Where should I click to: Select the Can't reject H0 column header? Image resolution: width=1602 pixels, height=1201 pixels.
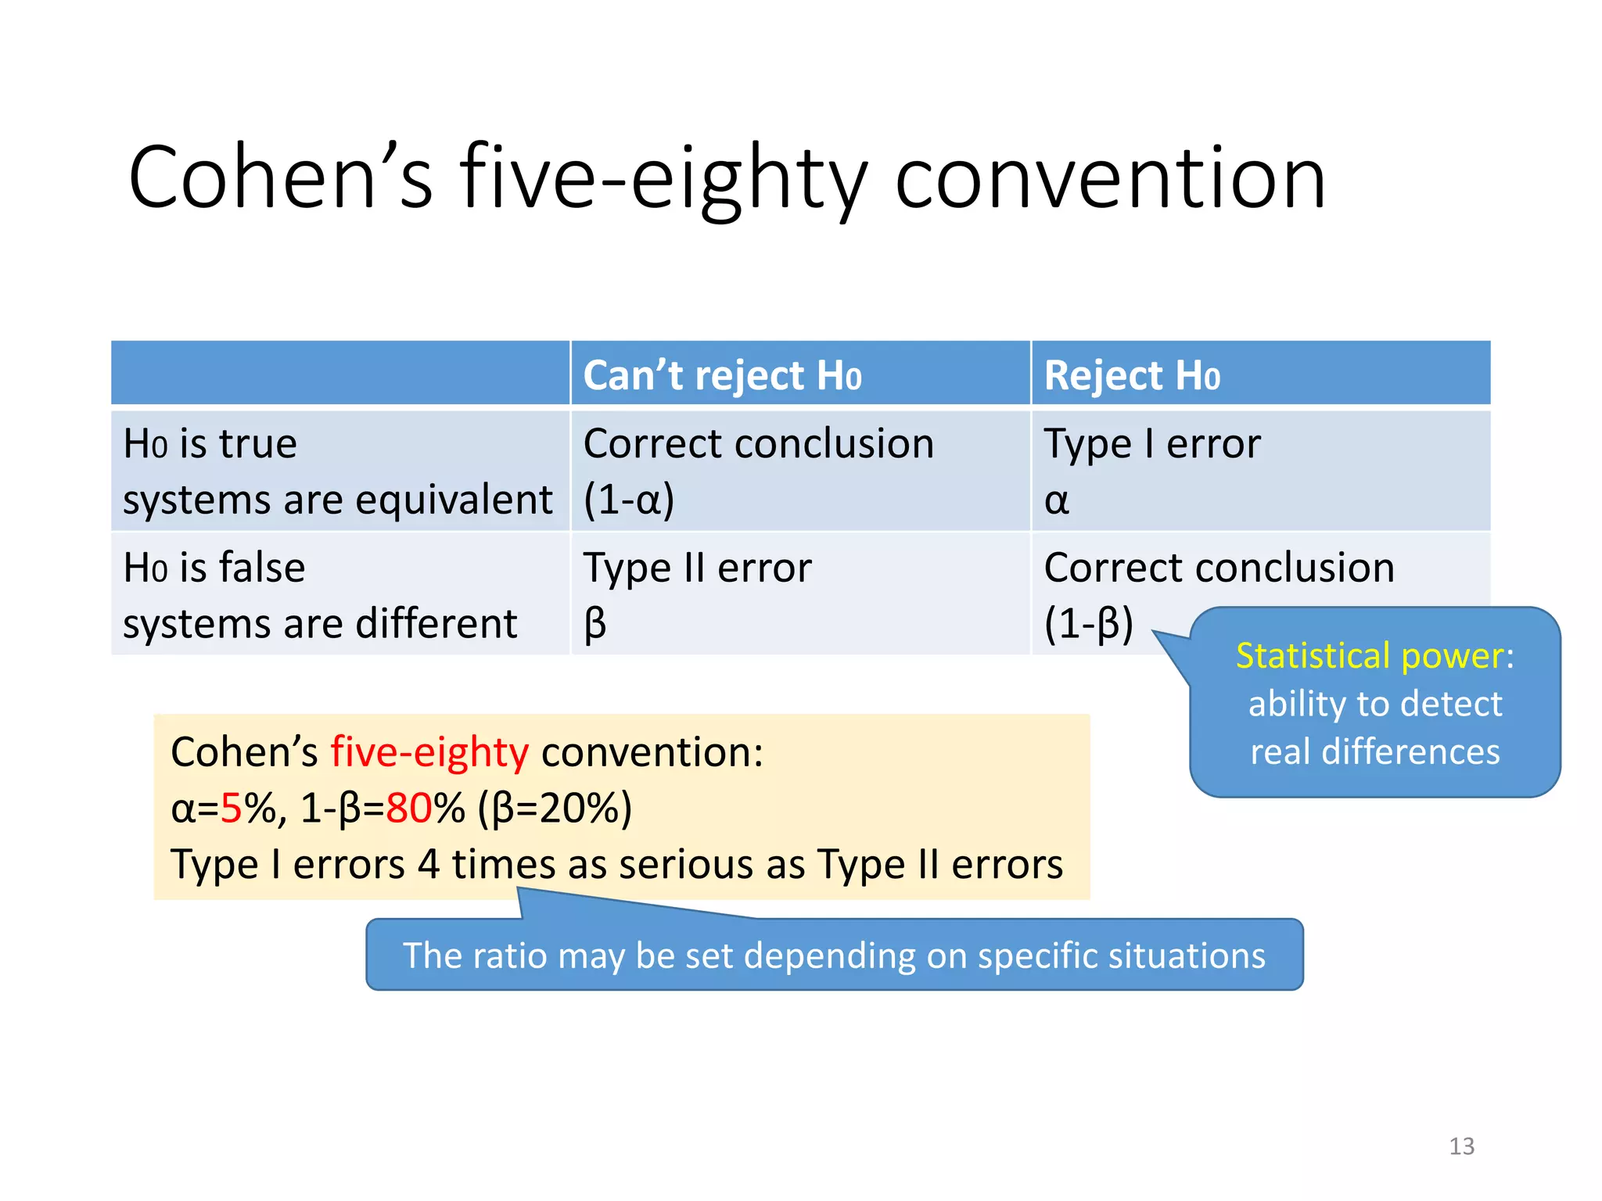click(721, 375)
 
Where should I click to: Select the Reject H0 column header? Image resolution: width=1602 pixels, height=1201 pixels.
click(1131, 375)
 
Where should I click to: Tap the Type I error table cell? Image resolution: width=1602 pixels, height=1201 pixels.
click(1151, 444)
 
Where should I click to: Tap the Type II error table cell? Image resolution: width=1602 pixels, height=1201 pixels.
click(696, 568)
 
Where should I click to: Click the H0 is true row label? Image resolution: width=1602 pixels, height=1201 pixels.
click(210, 444)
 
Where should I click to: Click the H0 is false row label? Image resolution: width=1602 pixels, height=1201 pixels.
click(214, 568)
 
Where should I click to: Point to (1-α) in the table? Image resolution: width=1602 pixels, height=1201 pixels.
click(628, 500)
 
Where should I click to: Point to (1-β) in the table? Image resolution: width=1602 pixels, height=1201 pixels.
click(1088, 624)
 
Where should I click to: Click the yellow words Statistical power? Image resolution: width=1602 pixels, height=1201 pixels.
click(1369, 655)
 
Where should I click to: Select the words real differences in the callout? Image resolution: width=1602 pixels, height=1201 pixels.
click(1374, 752)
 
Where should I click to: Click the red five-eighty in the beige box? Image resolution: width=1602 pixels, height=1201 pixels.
click(429, 752)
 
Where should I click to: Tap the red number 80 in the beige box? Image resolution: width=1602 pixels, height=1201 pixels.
click(409, 808)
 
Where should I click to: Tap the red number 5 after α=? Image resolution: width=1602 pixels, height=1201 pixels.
click(232, 808)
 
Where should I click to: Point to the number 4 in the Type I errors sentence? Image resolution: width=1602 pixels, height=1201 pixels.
click(428, 865)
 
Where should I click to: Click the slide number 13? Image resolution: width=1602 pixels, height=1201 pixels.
click(1461, 1146)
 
